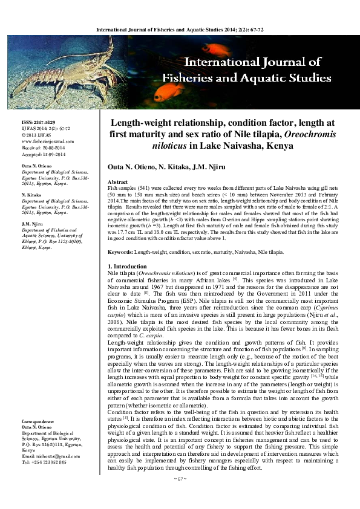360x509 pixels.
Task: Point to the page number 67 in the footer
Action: click(179, 495)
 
